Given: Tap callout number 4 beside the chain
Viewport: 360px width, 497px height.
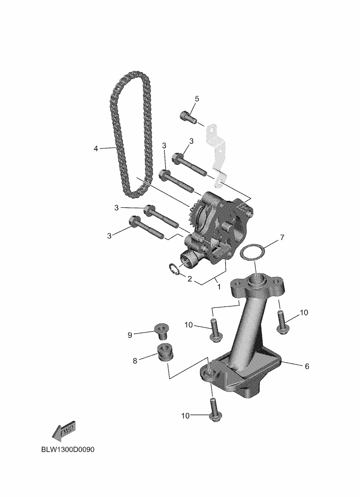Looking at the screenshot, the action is [96, 149].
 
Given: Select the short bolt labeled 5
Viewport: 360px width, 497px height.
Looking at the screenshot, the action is [188, 117].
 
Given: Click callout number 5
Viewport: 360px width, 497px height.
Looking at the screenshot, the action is [197, 99].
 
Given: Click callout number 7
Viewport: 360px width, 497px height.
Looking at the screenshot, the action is [282, 237].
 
